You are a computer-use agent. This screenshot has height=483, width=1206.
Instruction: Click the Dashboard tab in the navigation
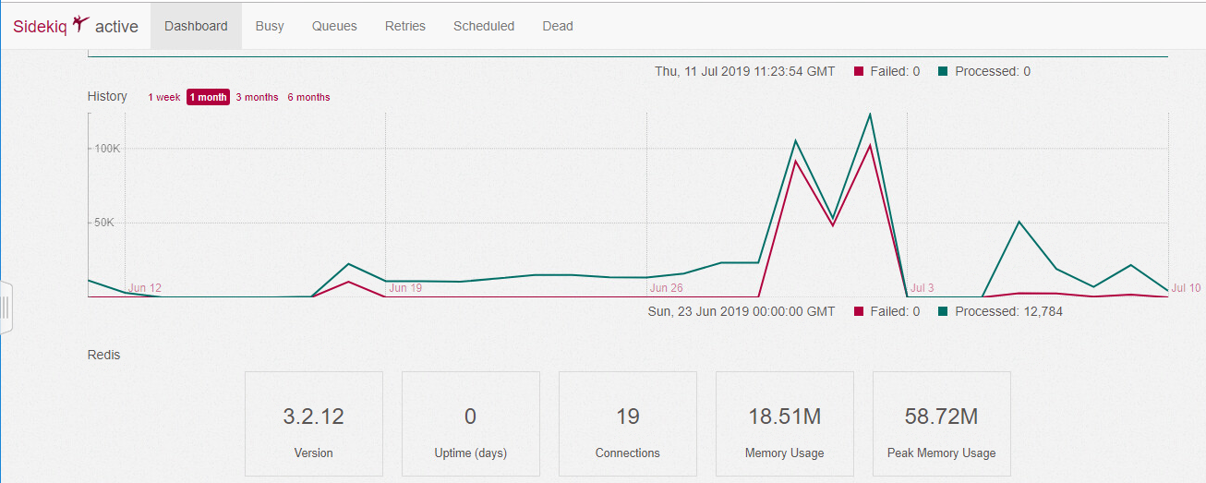(x=196, y=26)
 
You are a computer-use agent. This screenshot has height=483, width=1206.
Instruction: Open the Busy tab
(x=270, y=26)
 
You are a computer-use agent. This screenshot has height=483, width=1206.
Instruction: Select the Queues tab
(x=334, y=26)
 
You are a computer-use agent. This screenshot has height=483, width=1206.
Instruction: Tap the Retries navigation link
(x=405, y=26)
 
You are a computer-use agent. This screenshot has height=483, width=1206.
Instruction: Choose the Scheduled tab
(x=484, y=26)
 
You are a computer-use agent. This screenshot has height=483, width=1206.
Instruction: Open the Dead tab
(x=558, y=26)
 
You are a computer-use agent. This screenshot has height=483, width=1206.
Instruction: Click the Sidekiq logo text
(x=40, y=26)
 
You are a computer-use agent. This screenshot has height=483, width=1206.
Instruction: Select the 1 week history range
(x=164, y=97)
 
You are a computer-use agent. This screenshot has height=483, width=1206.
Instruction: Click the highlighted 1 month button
(x=208, y=97)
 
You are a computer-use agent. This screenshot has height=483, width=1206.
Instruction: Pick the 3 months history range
(x=257, y=97)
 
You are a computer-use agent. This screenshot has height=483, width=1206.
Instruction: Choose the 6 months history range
(x=308, y=97)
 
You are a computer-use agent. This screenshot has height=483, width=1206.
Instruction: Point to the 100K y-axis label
(x=103, y=149)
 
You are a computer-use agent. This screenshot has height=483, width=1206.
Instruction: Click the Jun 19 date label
(x=405, y=288)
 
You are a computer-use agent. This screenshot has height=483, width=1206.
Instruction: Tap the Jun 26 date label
(x=667, y=288)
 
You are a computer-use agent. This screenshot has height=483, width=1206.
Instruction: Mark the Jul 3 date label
(x=923, y=288)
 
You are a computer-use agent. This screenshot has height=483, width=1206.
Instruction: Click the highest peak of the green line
(x=870, y=115)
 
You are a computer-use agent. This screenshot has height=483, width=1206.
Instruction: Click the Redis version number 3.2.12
(x=313, y=417)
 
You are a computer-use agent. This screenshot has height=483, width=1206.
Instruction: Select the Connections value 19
(x=628, y=417)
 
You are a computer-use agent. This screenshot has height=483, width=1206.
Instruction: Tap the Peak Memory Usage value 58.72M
(x=941, y=417)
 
